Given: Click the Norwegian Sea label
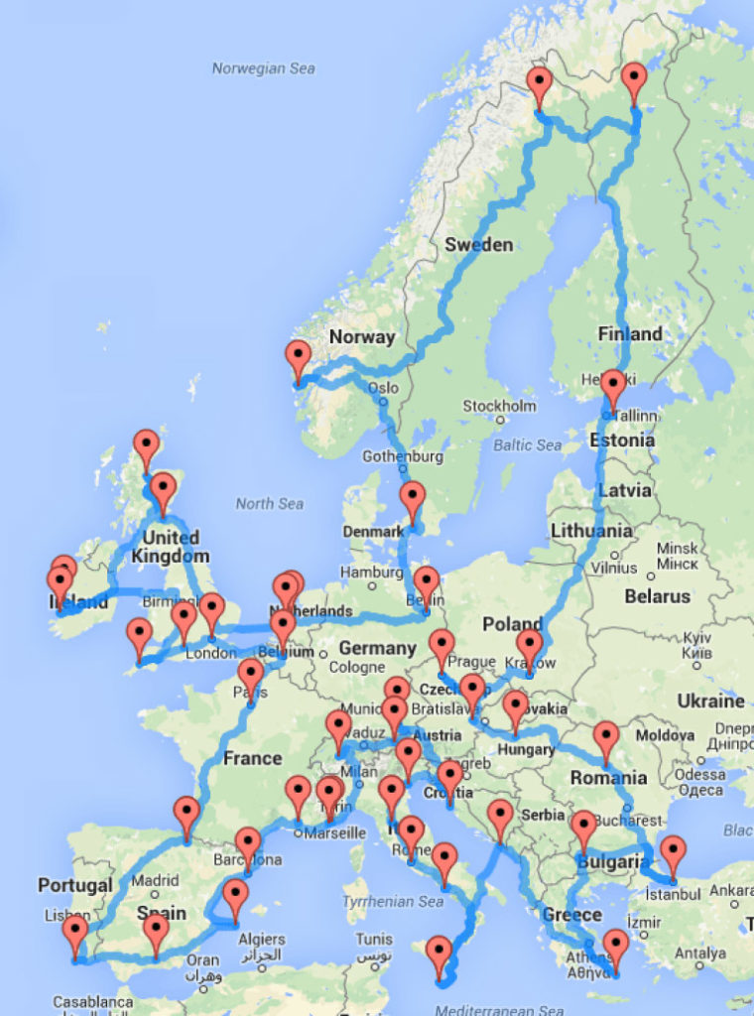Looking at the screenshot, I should click(x=263, y=68).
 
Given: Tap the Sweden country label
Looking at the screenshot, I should click(x=478, y=244).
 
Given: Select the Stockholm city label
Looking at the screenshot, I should click(x=499, y=406).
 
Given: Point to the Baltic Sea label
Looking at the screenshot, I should click(x=527, y=445).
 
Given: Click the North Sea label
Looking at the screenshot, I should click(x=269, y=503).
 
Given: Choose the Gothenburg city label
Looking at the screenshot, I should click(x=403, y=456).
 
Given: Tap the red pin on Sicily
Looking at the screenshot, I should click(x=439, y=954).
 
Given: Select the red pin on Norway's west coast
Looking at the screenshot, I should click(x=298, y=358).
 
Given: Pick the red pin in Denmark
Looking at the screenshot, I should click(x=412, y=500).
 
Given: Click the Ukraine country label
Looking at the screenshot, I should click(x=709, y=700).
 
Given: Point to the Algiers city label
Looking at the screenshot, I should click(x=262, y=939).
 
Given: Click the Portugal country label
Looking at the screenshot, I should click(x=74, y=885).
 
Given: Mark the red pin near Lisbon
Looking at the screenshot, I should click(x=75, y=936).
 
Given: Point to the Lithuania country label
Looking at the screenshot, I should click(x=591, y=531).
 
